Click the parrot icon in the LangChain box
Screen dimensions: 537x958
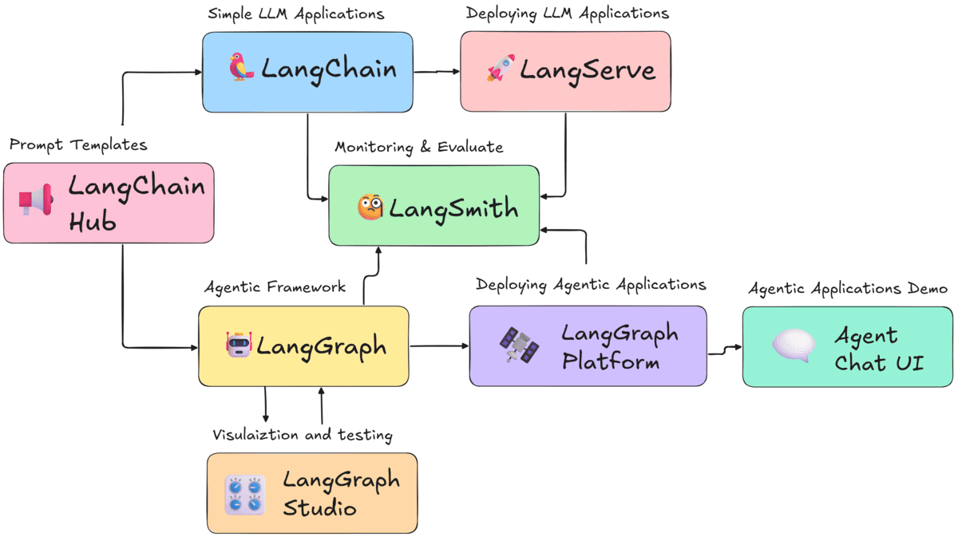(240, 69)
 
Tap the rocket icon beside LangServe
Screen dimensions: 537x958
(501, 69)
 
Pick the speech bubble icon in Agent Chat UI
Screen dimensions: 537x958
(794, 345)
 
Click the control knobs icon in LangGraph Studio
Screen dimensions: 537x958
(244, 494)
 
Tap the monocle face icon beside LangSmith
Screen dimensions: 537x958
(370, 208)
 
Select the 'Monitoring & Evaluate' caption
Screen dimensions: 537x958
(418, 147)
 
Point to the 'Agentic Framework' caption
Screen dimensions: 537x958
(275, 286)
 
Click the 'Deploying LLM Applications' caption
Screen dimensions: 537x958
(567, 14)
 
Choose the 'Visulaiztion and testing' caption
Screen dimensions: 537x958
(302, 435)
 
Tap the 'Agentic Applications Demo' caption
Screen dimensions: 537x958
(847, 288)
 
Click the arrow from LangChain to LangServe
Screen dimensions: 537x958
(437, 71)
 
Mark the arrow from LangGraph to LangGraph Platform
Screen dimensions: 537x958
(439, 345)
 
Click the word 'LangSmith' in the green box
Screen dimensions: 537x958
(453, 209)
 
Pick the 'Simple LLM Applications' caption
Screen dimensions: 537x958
(295, 14)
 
